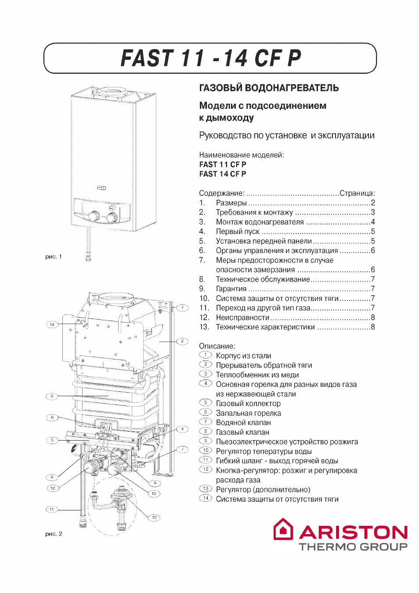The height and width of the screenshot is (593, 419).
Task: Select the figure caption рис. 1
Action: pos(54,257)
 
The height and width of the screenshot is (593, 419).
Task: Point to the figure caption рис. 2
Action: pos(54,534)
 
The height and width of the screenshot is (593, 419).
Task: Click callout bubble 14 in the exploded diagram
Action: pos(52,324)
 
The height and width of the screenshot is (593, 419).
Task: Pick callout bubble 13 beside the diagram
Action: pos(154,517)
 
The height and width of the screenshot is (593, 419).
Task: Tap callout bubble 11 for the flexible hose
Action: pos(52,509)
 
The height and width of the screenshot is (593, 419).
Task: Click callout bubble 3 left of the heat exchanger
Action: pos(52,396)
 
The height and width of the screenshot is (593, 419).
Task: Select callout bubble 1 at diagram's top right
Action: pos(182,307)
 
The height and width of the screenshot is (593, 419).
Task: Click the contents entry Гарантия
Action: pos(231,289)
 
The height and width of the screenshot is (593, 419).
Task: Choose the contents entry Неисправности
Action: pos(242,317)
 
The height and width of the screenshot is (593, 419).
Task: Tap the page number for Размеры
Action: pos(373,203)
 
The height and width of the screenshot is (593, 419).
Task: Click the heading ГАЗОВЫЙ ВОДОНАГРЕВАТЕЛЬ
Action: pos(269,87)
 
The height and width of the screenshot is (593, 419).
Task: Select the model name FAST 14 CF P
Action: pos(223,174)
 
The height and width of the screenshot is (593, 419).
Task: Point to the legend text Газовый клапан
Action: pos(242,432)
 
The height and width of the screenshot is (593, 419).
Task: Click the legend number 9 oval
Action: pos(206,441)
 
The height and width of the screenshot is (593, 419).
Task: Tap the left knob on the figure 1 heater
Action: pos(93,216)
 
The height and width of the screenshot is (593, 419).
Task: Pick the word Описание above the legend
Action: pos(217,346)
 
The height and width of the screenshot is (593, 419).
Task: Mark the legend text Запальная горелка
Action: pos(248,413)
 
